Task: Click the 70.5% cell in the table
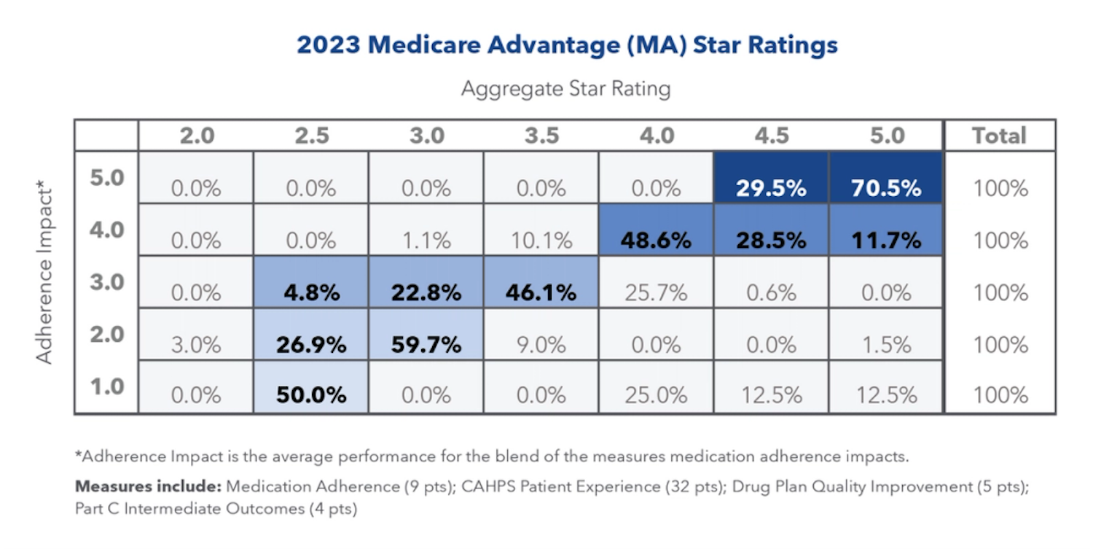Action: point(886,188)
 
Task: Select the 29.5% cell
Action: point(771,188)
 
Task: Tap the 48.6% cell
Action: point(656,241)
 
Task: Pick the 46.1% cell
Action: point(541,293)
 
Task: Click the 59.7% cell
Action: point(426,345)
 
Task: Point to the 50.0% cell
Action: point(310,396)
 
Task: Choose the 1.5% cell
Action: point(886,345)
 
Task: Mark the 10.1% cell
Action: point(541,241)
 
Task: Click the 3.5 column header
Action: point(541,136)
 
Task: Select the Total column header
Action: point(1000,136)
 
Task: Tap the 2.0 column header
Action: point(197,136)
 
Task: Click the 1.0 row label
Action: point(107,386)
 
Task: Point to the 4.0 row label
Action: point(107,230)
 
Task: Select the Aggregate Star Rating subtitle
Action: point(565,89)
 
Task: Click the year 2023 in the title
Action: point(328,45)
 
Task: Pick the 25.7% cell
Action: point(656,293)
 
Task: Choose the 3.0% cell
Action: point(197,345)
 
